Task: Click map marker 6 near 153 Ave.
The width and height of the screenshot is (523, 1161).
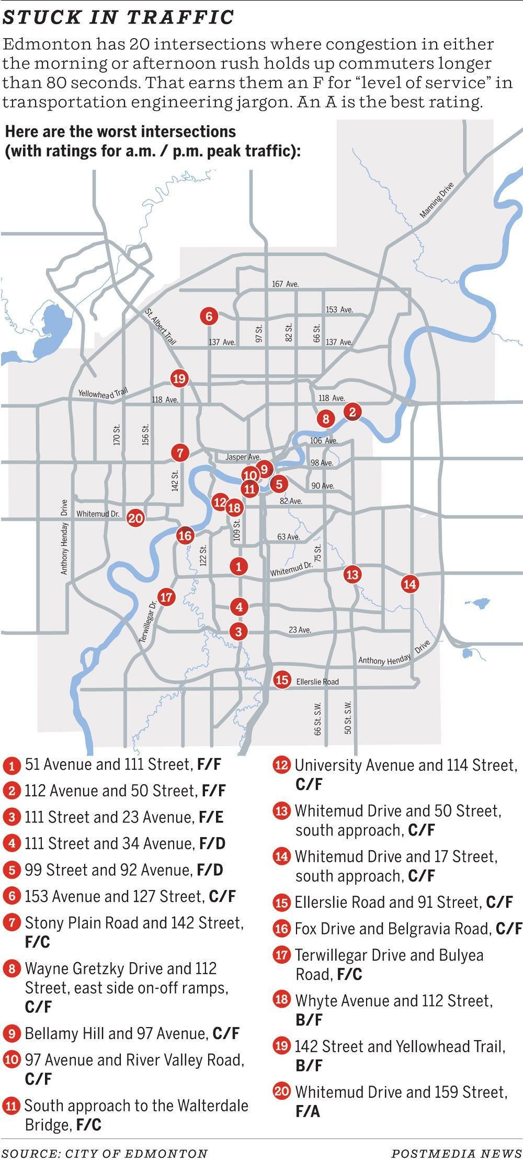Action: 209,316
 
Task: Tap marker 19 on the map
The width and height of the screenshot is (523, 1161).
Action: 179,378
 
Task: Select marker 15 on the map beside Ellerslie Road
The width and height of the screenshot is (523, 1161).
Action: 282,680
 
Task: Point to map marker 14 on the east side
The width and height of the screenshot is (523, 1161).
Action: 410,584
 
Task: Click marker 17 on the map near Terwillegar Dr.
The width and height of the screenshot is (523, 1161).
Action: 166,597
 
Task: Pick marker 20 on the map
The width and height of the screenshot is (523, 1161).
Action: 135,518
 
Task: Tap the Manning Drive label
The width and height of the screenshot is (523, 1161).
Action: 437,200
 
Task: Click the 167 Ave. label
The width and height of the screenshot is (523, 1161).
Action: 285,284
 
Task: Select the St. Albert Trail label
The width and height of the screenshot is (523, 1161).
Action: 161,327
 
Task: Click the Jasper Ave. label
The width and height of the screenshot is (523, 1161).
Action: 243,457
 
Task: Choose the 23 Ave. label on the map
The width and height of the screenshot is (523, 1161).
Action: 300,630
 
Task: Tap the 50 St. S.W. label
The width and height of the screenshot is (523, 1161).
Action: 348,717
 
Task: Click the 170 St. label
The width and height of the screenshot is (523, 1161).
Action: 117,434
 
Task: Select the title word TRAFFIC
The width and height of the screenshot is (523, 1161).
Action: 180,17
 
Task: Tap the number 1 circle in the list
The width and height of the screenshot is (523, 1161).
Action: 12,766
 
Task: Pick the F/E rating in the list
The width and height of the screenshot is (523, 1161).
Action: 211,817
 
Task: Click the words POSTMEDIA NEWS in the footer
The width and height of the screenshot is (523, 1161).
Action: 457,1153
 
